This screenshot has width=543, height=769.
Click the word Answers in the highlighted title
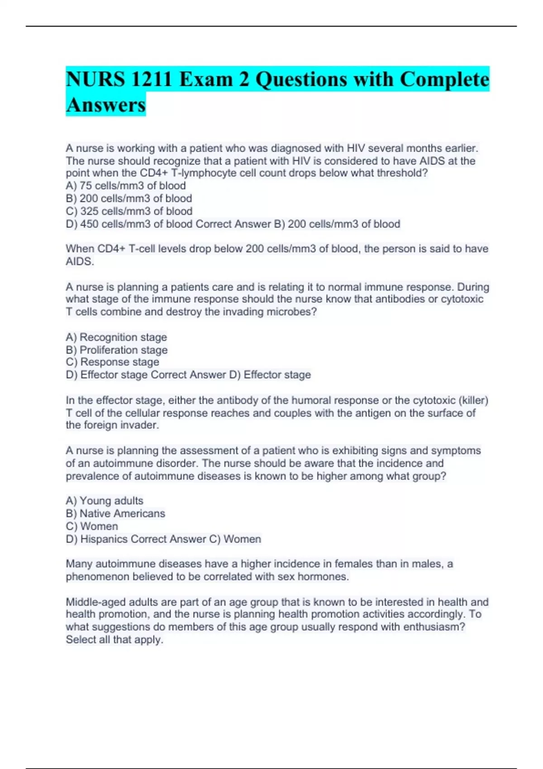105,105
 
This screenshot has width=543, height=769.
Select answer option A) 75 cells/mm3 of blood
126,186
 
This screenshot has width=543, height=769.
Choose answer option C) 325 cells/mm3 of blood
129,211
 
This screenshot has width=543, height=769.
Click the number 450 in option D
90,224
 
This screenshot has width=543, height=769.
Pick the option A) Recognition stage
116,337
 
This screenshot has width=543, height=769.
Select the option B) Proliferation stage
117,350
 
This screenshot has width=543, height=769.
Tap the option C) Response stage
113,362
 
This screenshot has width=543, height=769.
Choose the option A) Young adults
105,501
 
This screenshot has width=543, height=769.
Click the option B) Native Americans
115,514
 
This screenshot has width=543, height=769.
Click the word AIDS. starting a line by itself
80,261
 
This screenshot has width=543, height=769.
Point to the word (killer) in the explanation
473,400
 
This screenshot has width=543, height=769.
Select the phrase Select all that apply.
114,640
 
